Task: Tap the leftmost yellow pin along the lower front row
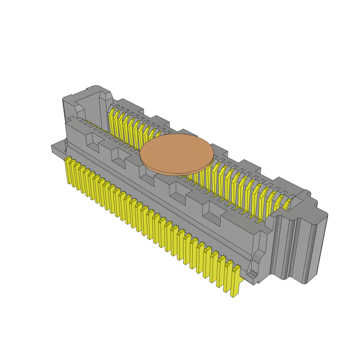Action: (67, 171)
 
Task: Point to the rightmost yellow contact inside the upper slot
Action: (286, 205)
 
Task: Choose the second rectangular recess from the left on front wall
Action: (118, 157)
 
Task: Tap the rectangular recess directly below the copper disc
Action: (147, 175)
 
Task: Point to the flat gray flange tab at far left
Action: (58, 149)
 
